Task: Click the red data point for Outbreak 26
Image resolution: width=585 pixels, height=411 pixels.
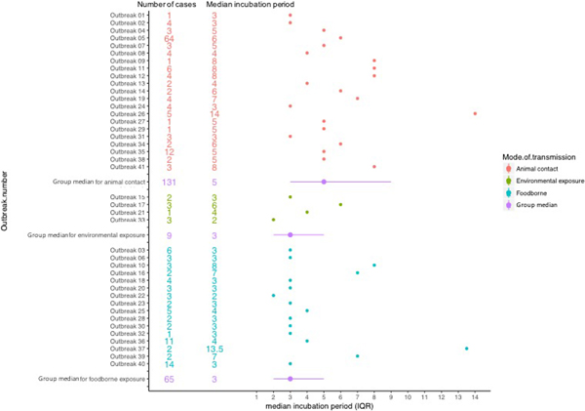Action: tap(475, 113)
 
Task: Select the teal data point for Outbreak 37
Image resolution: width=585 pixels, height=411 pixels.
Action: tap(466, 348)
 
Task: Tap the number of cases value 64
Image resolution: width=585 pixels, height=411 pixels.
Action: tap(169, 38)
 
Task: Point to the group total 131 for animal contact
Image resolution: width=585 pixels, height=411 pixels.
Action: tap(169, 182)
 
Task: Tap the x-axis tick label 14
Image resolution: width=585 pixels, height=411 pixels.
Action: tap(475, 398)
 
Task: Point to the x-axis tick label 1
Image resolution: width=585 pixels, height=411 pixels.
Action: tap(256, 398)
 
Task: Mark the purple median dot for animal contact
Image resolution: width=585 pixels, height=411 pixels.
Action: tap(324, 182)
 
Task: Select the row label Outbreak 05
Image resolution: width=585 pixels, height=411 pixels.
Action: tap(128, 38)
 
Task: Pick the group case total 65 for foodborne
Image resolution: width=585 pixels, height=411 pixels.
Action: tap(169, 378)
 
